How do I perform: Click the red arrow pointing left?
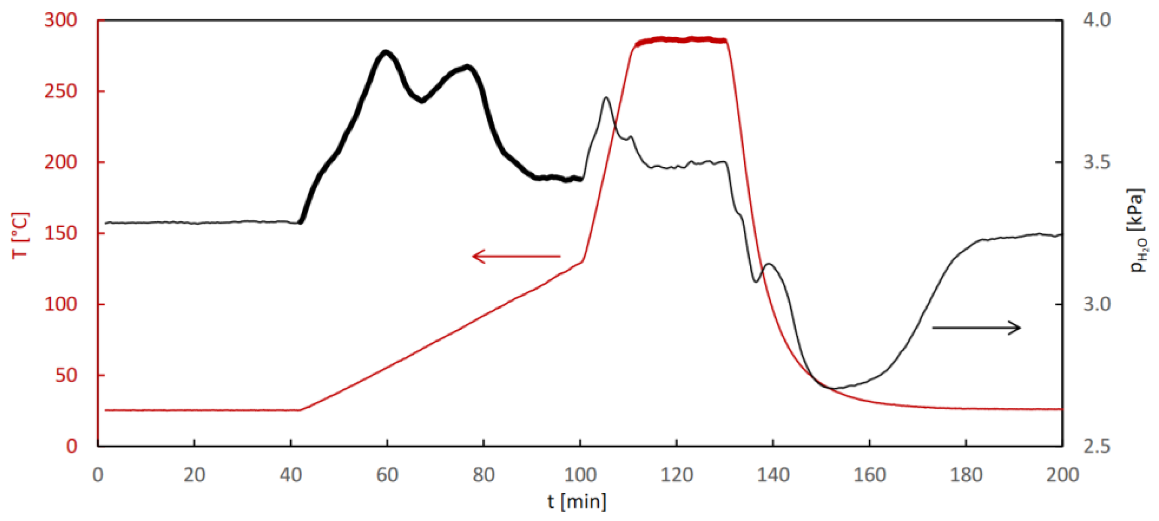coord(516,256)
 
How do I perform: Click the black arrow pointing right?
coord(976,328)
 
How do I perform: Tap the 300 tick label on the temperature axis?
coord(60,20)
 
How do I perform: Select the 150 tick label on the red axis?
coord(60,233)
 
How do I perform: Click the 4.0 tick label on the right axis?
coord(1097,20)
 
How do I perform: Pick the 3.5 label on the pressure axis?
coord(1097,162)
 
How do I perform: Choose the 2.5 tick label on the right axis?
coord(1097,446)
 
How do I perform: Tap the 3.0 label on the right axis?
coord(1097,304)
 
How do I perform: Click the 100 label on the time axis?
coord(580,475)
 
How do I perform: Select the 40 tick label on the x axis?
coord(291,475)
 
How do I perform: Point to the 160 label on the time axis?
coord(870,475)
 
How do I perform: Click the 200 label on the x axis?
coord(1062,475)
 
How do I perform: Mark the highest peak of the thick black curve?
coord(386,52)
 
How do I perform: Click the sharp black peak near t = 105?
coord(606,98)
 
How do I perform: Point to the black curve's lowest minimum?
coord(832,388)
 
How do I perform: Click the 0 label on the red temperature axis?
coord(72,446)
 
